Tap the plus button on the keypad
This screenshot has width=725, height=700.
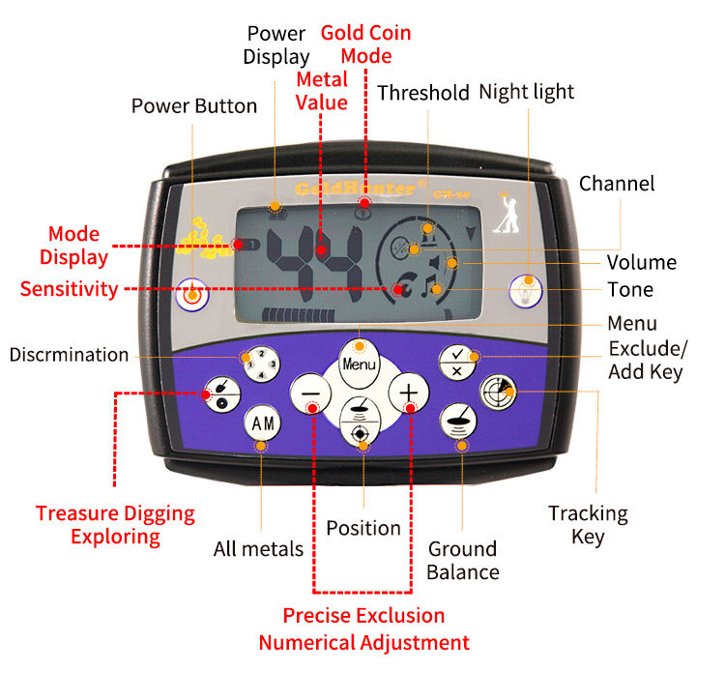(x=410, y=394)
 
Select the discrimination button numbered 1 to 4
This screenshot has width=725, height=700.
(x=261, y=365)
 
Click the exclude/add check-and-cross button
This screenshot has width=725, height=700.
(x=456, y=362)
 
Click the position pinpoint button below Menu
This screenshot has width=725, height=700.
(x=361, y=423)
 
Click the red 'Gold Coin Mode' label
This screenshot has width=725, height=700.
(x=365, y=44)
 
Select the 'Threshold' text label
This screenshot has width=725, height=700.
(x=422, y=93)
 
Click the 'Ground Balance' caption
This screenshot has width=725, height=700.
(x=462, y=561)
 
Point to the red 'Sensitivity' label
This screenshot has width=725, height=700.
(x=69, y=289)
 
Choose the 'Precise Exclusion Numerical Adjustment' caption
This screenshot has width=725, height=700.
(x=363, y=629)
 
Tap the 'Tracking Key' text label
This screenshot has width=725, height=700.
(x=588, y=524)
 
